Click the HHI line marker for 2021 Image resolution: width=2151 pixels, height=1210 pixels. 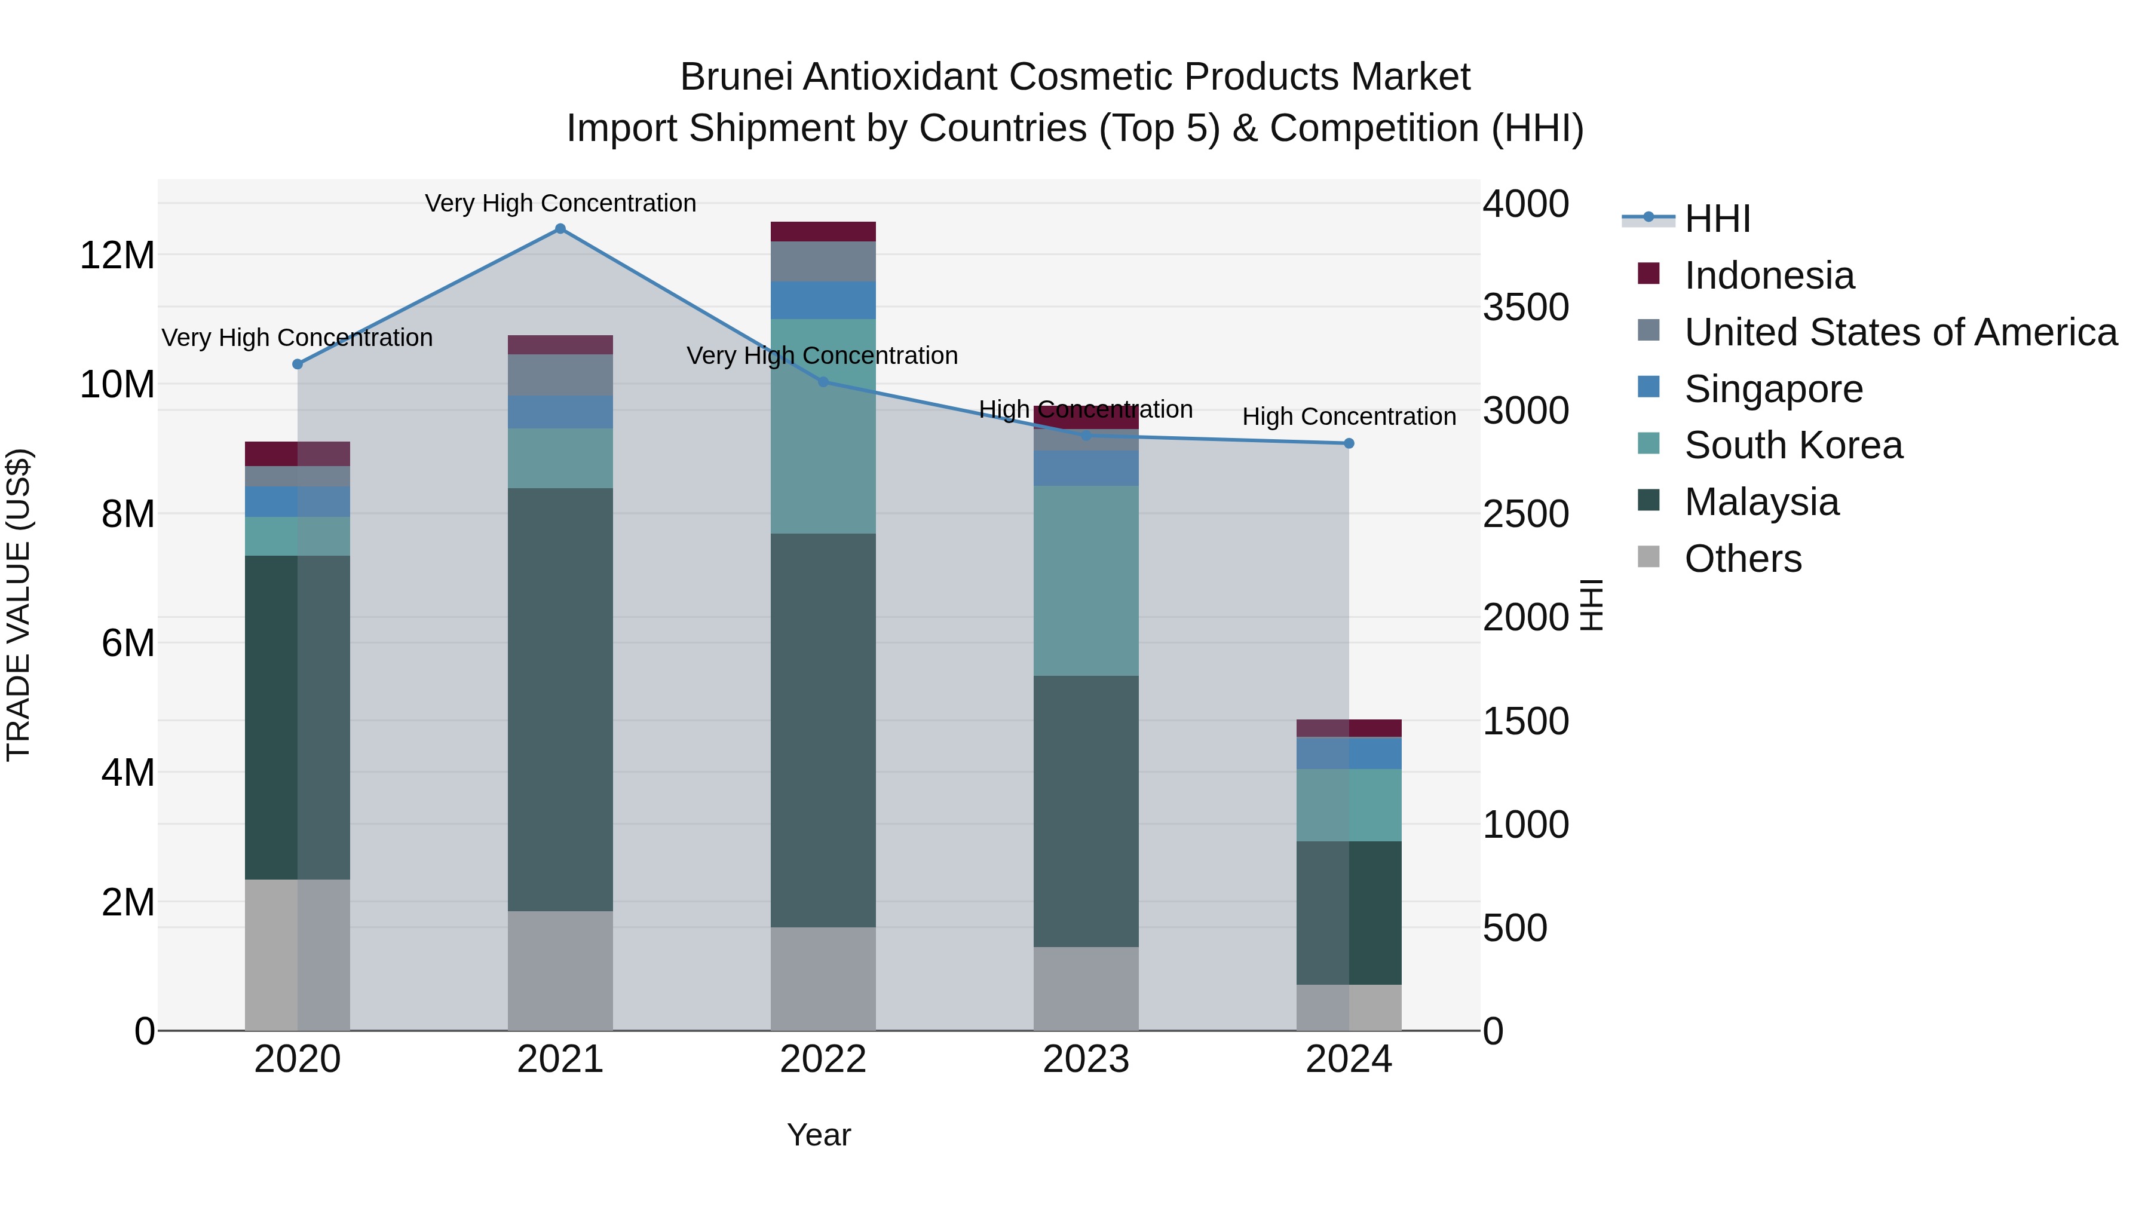click(560, 229)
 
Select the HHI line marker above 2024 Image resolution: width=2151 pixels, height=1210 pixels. click(1349, 443)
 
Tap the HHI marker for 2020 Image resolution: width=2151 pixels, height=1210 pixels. click(298, 364)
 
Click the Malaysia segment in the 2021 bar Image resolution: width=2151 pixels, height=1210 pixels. click(560, 699)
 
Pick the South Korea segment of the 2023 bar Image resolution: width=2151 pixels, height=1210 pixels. click(1086, 580)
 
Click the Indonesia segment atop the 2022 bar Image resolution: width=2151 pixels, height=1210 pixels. click(823, 231)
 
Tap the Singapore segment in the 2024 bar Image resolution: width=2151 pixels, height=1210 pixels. click(1349, 753)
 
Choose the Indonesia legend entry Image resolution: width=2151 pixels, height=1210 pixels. click(1769, 275)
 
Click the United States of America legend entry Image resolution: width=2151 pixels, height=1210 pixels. click(1899, 332)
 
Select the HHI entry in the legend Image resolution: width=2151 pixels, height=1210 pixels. click(1717, 219)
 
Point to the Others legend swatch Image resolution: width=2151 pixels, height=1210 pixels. click(1649, 556)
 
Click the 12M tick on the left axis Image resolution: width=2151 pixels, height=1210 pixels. click(117, 255)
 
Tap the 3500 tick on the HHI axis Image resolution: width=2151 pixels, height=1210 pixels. click(1525, 307)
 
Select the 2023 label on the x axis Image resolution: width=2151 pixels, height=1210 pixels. click(1086, 1059)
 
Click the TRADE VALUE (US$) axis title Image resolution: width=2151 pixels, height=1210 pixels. click(19, 605)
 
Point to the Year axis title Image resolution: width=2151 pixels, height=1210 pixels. click(819, 1135)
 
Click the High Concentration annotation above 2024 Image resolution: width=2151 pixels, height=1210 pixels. click(1349, 416)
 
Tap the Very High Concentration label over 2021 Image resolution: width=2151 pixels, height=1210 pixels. click(560, 203)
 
